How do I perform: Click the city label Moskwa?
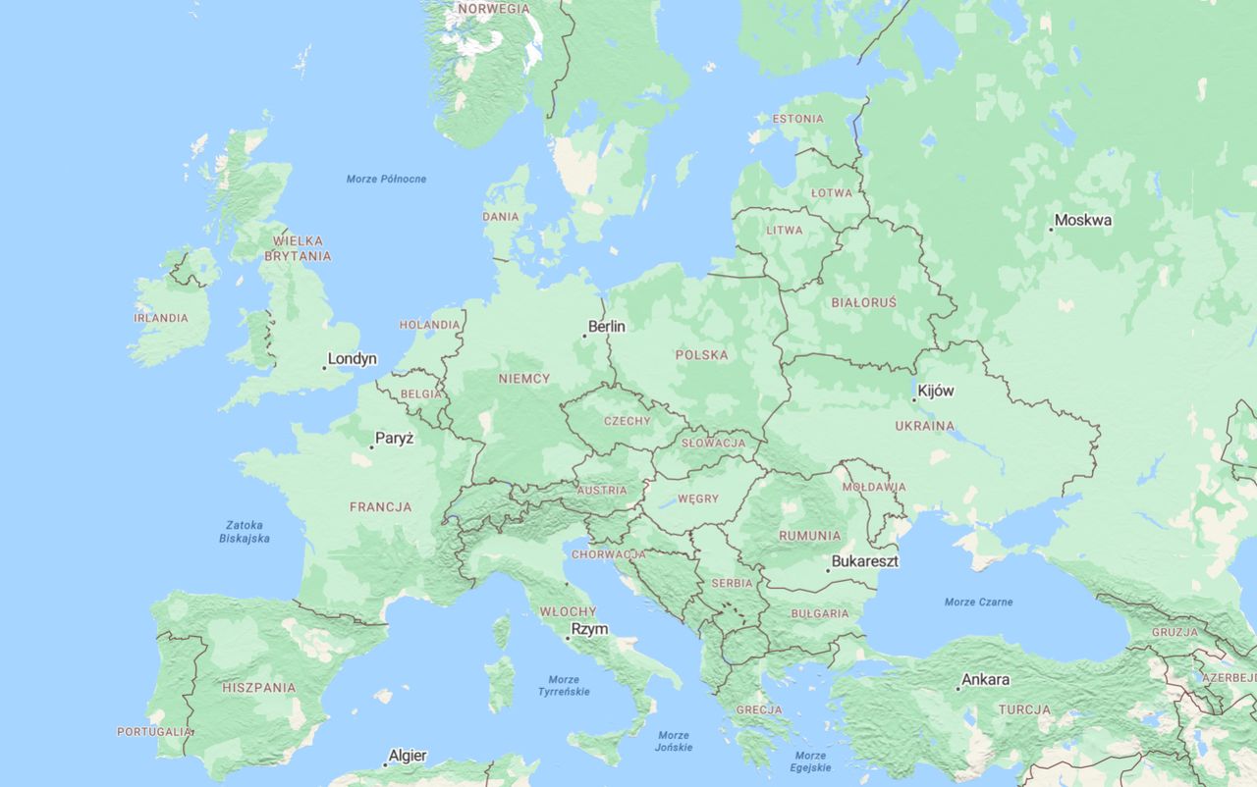pyautogui.click(x=1084, y=220)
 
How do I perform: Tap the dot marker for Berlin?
pyautogui.click(x=585, y=337)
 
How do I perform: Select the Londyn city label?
pyautogui.click(x=352, y=359)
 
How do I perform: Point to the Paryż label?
pyautogui.click(x=394, y=438)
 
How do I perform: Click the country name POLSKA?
pyautogui.click(x=701, y=354)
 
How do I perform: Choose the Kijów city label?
pyautogui.click(x=936, y=391)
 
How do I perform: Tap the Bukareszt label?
pyautogui.click(x=864, y=562)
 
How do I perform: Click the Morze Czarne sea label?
pyautogui.click(x=978, y=602)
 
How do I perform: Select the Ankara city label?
pyautogui.click(x=985, y=679)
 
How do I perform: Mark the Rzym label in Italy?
pyautogui.click(x=589, y=629)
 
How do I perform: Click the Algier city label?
pyautogui.click(x=408, y=756)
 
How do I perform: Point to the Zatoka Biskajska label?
pyautogui.click(x=246, y=532)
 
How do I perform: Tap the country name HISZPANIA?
pyautogui.click(x=258, y=688)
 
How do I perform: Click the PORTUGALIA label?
pyautogui.click(x=154, y=731)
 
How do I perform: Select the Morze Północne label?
pyautogui.click(x=386, y=179)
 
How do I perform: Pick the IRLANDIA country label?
pyautogui.click(x=161, y=318)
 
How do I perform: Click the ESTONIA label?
pyautogui.click(x=797, y=119)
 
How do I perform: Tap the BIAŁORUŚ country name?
pyautogui.click(x=863, y=302)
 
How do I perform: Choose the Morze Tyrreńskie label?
pyautogui.click(x=564, y=685)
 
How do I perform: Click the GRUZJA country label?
pyautogui.click(x=1175, y=632)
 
